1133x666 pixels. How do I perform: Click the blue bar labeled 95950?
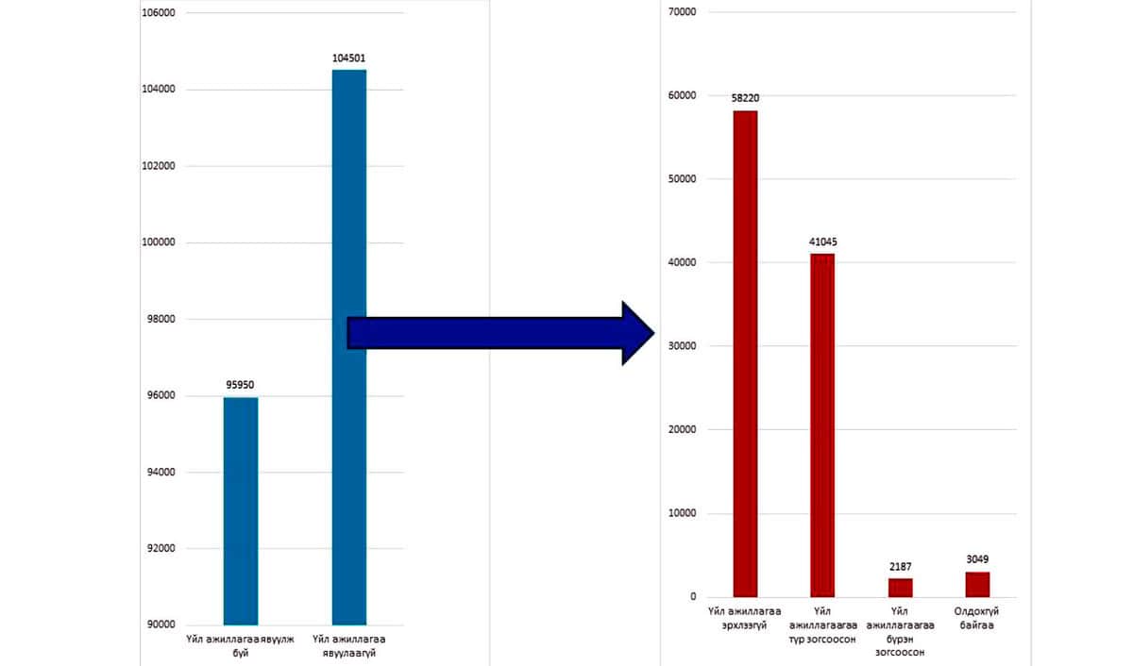coord(241,510)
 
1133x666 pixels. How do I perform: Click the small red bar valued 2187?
coord(900,588)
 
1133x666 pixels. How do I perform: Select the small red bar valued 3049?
coord(977,584)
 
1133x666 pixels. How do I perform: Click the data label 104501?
coord(349,58)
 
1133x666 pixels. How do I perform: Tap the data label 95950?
coord(241,385)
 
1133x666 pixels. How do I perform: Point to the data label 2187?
coord(900,566)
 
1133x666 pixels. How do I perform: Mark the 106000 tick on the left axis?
coord(158,13)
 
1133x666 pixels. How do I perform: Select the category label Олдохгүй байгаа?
coord(977,619)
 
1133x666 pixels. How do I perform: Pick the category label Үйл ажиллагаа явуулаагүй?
coord(349,646)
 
